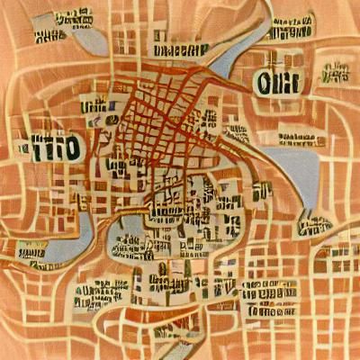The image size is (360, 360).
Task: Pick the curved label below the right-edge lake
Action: [x=315, y=221]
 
